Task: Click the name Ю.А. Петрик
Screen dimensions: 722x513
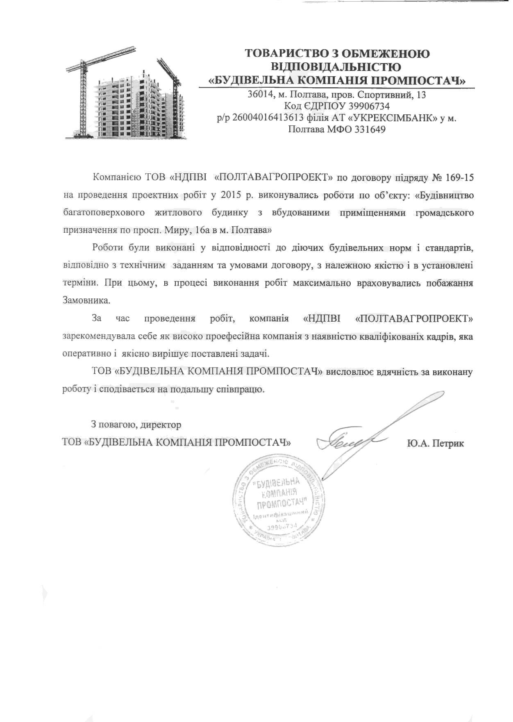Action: (x=436, y=443)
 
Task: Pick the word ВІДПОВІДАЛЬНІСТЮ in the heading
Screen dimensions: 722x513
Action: (x=336, y=66)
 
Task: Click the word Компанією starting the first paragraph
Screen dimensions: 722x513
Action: (x=116, y=178)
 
